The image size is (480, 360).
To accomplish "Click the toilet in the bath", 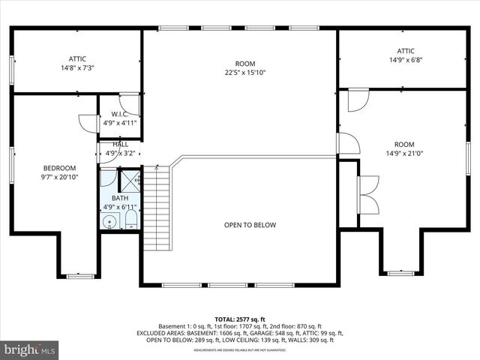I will [130, 219].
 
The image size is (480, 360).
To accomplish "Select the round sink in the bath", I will [110, 220].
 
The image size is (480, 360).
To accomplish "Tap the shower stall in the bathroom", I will [130, 180].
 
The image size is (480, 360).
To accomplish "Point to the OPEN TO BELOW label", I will [250, 225].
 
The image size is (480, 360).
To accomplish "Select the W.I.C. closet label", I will [120, 115].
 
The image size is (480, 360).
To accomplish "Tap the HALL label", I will [120, 144].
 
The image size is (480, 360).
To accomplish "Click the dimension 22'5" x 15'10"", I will [245, 73].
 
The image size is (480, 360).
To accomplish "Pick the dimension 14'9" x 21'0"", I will [404, 154].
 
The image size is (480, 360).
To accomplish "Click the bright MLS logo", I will [30, 349].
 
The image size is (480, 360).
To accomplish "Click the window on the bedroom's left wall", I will [11, 164].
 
